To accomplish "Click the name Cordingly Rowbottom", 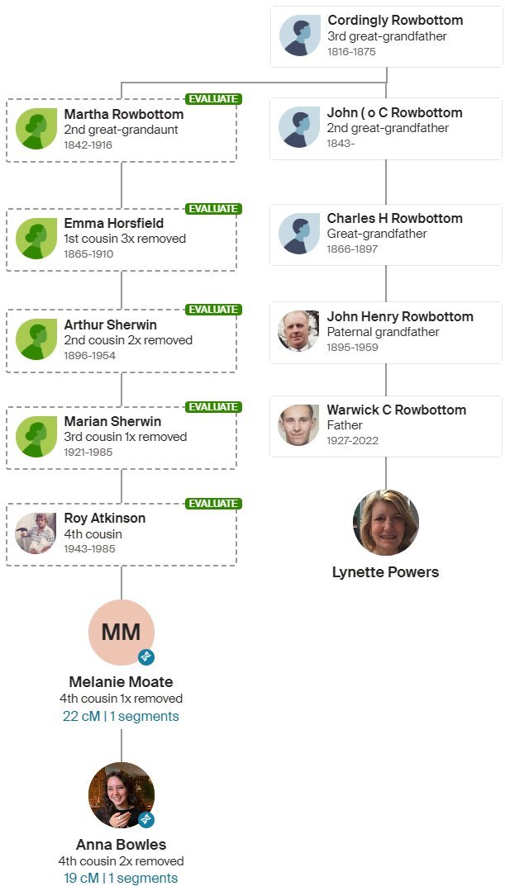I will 395,21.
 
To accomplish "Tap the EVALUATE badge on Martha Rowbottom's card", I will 213,99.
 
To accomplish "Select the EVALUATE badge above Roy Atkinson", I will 213,504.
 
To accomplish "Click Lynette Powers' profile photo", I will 386,523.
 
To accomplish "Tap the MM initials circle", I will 121,633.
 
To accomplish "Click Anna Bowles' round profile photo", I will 121,795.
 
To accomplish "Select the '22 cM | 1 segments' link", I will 121,717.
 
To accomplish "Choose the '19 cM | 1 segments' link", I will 121,878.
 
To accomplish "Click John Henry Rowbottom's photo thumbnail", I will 298,331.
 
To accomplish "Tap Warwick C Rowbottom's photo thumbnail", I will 298,425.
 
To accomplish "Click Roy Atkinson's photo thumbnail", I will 36,533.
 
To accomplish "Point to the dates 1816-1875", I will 352,51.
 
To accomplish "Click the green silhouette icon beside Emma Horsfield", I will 36,238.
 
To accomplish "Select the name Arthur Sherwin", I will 110,325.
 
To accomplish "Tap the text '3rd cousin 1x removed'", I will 126,437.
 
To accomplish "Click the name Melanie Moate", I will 121,682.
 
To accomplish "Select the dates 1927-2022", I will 352,441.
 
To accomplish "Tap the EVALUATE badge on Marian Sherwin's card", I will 213,407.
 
